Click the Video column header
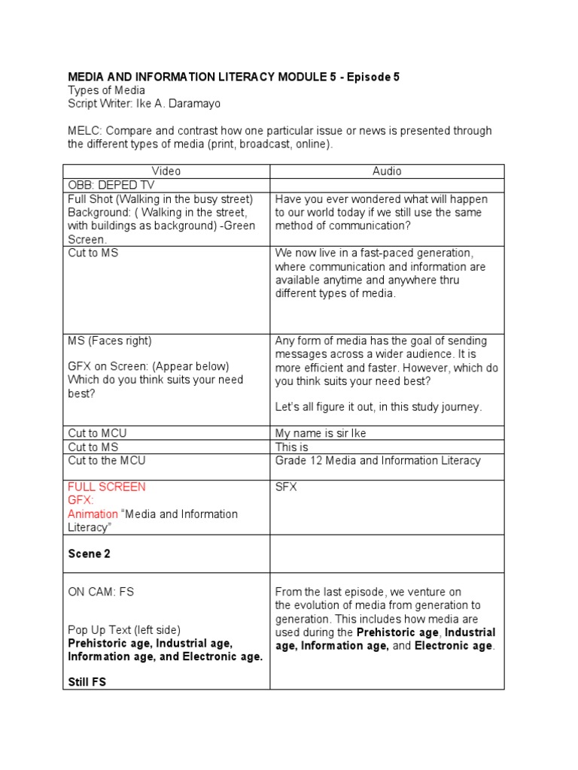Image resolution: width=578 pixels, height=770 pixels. pos(166,171)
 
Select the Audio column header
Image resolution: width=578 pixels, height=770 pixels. pos(387,171)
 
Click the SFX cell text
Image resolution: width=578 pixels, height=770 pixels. pos(286,487)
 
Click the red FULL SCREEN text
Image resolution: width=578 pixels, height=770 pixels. pos(107,487)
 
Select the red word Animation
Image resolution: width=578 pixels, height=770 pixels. pos(93,514)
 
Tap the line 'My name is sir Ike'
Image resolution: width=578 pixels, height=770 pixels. pos(321,433)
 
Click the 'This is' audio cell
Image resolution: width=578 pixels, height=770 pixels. pos(292,447)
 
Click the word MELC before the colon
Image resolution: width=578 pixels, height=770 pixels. pos(83,131)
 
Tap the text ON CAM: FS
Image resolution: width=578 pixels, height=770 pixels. pos(101,592)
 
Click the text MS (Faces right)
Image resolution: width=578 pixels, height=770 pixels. pos(110,341)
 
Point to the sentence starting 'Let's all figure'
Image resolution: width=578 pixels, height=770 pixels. pos(378,407)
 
